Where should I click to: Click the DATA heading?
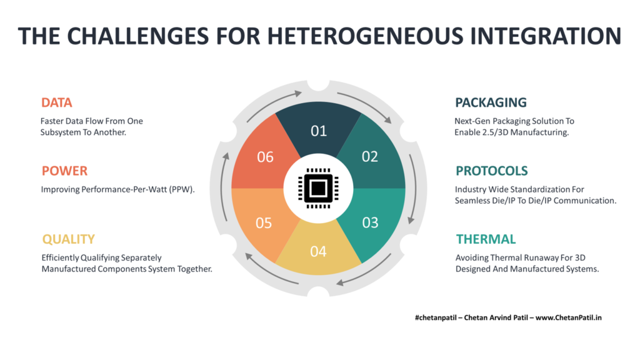(x=56, y=102)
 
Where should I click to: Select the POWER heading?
(x=64, y=171)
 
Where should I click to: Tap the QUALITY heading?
(x=68, y=239)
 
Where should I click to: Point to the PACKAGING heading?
(x=491, y=102)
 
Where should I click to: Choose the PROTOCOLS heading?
(x=491, y=171)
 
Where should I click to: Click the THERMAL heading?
(x=486, y=239)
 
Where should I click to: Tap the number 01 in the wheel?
(x=319, y=131)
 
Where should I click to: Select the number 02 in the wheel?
(x=370, y=157)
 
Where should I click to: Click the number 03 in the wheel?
(x=370, y=222)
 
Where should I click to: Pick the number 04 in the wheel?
(x=318, y=251)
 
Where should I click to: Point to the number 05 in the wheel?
(x=264, y=223)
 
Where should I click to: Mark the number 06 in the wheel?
(x=265, y=157)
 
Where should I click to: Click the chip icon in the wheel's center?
(x=318, y=188)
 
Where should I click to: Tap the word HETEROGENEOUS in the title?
(x=365, y=36)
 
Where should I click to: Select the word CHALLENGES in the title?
(x=138, y=36)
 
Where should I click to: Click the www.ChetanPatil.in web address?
(x=569, y=317)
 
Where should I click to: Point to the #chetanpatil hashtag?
(x=436, y=317)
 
